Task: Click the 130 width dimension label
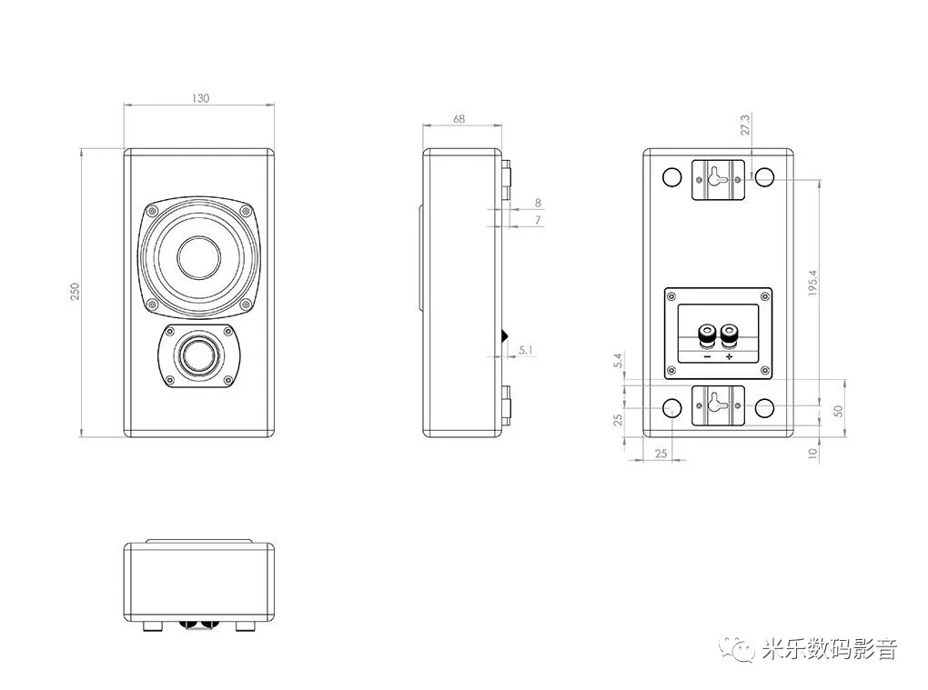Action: [200, 98]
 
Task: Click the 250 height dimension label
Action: [76, 291]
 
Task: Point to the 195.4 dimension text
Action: [812, 283]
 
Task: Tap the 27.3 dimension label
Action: [745, 125]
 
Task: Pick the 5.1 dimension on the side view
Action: [526, 349]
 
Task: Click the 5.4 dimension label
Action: [619, 361]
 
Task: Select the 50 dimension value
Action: [838, 410]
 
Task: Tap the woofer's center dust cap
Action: [198, 258]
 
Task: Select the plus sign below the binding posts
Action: [729, 357]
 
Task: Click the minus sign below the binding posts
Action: [706, 357]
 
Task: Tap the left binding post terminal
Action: [706, 335]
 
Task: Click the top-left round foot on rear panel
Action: [671, 177]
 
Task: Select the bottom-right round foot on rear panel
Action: [764, 408]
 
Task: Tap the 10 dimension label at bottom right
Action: [812, 452]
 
